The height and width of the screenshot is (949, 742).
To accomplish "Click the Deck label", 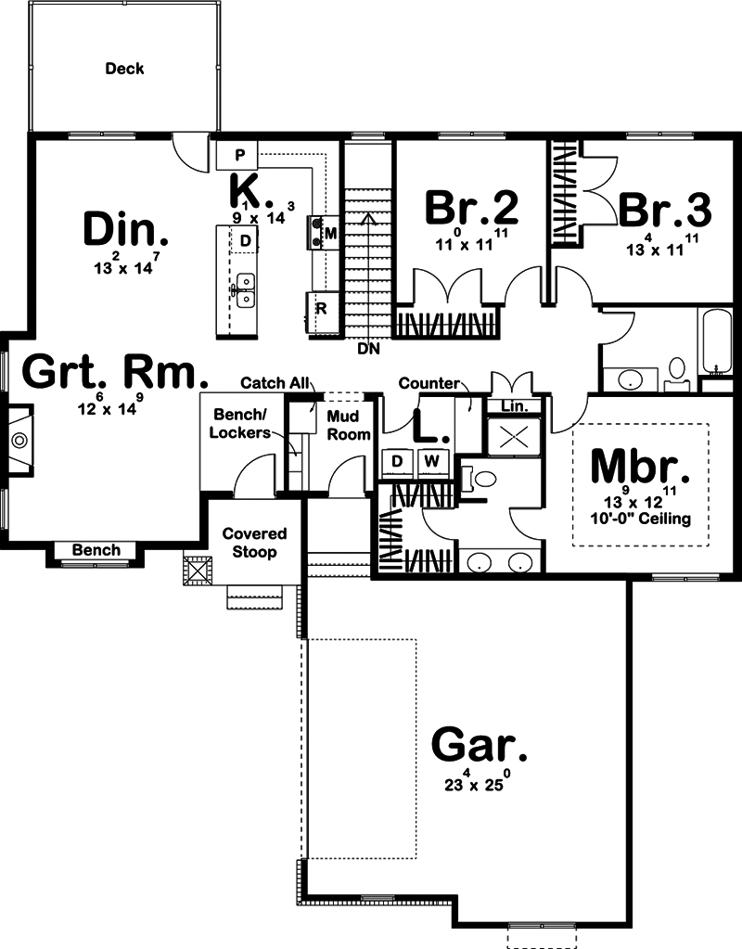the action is coord(124,69).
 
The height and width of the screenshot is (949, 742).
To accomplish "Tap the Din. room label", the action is coord(126,230).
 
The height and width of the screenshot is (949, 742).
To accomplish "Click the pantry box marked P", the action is coord(237,155).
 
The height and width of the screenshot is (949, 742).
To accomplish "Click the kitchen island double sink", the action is coord(245,290).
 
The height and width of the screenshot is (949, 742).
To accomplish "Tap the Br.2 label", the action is coord(471,207).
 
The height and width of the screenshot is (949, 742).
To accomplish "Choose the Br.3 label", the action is coord(664,210).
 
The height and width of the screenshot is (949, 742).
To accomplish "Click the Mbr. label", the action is coord(640,466).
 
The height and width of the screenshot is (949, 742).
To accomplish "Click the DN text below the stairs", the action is coord(368,349).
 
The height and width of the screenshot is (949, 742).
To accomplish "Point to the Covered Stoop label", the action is coord(254,543).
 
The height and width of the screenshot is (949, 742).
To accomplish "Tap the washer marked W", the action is coord(431,462).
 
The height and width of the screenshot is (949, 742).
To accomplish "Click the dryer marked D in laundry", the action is coord(397,462).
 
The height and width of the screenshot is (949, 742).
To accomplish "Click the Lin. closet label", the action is coord(515,406).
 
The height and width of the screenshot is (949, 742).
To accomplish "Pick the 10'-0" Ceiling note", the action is coord(641,519).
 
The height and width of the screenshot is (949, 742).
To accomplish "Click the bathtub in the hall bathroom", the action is coord(715,342).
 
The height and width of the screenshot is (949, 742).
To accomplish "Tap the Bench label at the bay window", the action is coord(96,550).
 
